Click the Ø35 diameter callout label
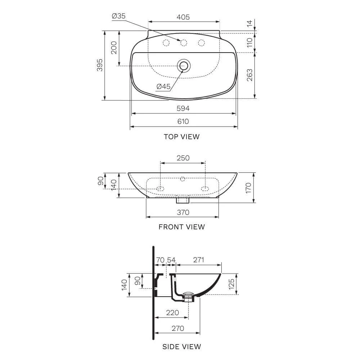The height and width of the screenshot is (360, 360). click(119, 16)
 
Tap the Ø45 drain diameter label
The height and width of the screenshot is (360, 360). click(163, 86)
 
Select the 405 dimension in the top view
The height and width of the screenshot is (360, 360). click(183, 17)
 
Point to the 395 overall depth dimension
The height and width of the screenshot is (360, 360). click(100, 65)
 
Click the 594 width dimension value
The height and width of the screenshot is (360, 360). click(183, 108)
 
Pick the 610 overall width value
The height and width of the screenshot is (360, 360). click(183, 121)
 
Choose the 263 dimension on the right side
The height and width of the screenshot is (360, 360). click(249, 75)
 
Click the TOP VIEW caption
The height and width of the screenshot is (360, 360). click(181, 136)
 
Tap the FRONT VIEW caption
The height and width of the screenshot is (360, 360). click(181, 227)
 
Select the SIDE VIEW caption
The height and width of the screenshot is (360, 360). click(181, 347)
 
